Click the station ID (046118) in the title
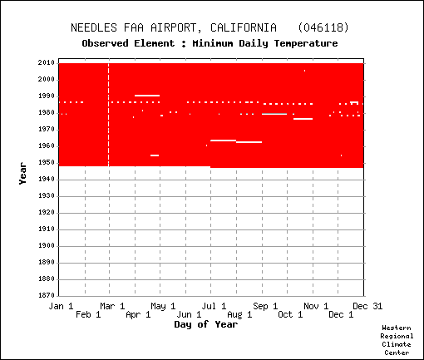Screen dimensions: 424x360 point(323,27)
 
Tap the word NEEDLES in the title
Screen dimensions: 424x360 point(94,27)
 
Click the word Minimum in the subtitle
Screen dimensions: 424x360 point(213,43)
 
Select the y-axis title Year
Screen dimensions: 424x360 point(22,174)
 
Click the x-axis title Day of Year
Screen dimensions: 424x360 point(206,324)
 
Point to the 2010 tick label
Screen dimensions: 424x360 point(47,63)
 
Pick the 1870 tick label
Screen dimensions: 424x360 point(47,295)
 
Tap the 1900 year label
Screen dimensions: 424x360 point(47,246)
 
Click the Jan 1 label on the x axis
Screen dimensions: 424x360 point(61,306)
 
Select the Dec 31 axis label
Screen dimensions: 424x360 point(367,306)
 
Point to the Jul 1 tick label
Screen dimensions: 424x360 point(214,306)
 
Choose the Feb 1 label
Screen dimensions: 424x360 point(88,314)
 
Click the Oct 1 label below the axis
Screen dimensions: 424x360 point(290,314)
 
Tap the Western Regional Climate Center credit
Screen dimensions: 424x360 point(397,340)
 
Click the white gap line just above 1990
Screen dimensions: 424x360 point(147,96)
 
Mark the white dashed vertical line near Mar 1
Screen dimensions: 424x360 point(109,115)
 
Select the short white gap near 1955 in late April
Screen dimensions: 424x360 point(155,155)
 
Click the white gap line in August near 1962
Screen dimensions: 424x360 point(249,142)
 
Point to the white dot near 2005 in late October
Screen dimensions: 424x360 point(304,71)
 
